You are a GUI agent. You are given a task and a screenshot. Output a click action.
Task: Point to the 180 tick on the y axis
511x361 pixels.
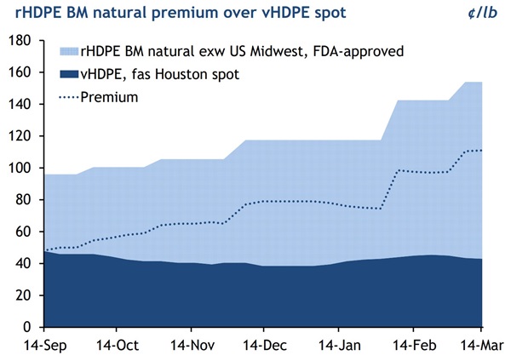(20, 41)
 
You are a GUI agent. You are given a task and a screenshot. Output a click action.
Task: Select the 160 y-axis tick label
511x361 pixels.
(20, 72)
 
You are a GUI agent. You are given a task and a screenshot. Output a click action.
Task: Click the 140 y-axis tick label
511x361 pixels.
(20, 105)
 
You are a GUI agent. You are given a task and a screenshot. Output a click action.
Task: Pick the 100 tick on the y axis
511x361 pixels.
(20, 169)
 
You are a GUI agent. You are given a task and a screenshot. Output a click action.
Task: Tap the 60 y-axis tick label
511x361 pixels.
(24, 232)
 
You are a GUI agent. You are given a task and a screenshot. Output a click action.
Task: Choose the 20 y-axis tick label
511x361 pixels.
(24, 295)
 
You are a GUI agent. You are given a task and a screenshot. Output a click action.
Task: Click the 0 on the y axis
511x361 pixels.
(27, 327)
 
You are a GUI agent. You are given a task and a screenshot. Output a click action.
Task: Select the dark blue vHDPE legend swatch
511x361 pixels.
(69, 75)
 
